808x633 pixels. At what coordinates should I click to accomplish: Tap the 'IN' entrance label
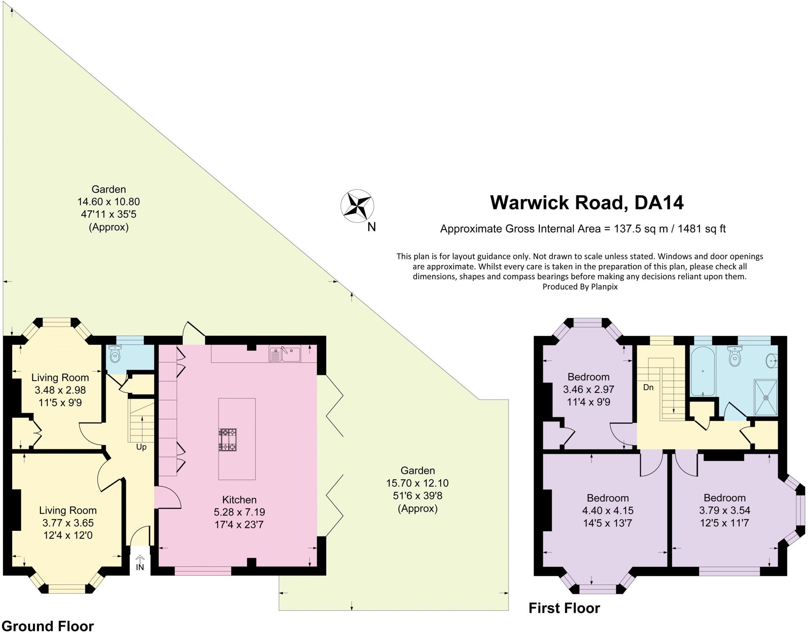pyautogui.click(x=140, y=568)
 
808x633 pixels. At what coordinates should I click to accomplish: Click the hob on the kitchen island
pyautogui.click(x=227, y=439)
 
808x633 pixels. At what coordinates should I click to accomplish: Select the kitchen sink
pyautogui.click(x=285, y=353)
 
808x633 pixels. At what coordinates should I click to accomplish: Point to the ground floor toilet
pyautogui.click(x=114, y=355)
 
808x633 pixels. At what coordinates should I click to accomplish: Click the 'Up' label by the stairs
pyautogui.click(x=141, y=447)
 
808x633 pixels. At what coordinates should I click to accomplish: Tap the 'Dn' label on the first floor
pyautogui.click(x=648, y=387)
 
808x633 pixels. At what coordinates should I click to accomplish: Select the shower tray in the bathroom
pyautogui.click(x=766, y=398)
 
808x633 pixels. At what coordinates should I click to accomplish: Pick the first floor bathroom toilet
pyautogui.click(x=734, y=356)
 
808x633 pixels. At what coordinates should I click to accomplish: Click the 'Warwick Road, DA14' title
pyautogui.click(x=587, y=203)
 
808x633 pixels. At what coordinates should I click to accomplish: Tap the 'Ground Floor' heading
pyautogui.click(x=48, y=626)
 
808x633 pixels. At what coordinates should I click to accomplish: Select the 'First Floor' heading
pyautogui.click(x=564, y=608)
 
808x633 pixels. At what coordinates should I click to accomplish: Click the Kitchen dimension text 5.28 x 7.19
pyautogui.click(x=239, y=512)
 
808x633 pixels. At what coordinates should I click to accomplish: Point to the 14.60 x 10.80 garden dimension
pyautogui.click(x=108, y=202)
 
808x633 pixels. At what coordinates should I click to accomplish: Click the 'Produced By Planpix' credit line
pyautogui.click(x=580, y=287)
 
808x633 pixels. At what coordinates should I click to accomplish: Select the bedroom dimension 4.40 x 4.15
pyautogui.click(x=608, y=510)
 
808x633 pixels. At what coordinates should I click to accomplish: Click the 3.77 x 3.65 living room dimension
pyautogui.click(x=68, y=523)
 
